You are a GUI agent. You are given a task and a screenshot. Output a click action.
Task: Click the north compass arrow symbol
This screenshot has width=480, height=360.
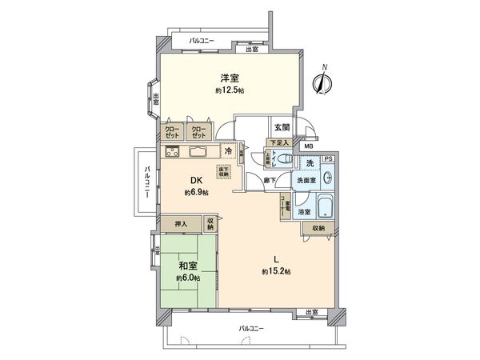323,82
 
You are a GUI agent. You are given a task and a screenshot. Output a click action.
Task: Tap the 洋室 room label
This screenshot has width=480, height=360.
230,78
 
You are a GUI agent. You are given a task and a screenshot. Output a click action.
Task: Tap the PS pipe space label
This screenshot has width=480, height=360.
327,159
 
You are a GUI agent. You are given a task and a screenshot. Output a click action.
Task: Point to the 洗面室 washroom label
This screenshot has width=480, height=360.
307,180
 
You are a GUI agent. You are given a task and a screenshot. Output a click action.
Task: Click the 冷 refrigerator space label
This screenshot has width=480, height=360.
229,150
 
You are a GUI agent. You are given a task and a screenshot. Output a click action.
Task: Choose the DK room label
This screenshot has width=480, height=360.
195,181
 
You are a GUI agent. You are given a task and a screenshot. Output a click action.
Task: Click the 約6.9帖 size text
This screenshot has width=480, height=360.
196,193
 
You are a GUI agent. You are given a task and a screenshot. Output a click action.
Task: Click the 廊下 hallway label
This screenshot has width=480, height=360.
272,180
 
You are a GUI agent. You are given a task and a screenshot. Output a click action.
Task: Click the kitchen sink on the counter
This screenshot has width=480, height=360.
197,152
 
